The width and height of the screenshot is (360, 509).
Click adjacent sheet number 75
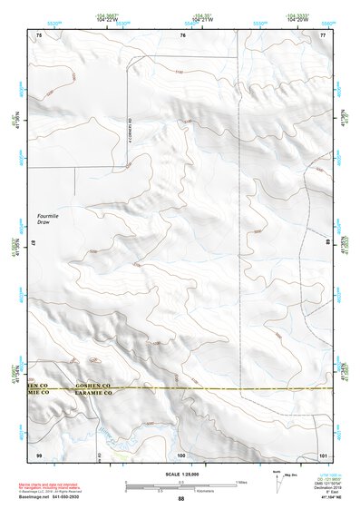point(39,34)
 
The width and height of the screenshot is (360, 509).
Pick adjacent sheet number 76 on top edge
point(181,34)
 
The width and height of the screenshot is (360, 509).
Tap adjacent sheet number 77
point(322,34)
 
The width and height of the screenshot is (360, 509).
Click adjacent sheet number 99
point(39,454)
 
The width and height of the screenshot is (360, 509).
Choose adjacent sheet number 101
point(322,454)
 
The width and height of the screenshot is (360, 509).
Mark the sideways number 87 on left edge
point(34,243)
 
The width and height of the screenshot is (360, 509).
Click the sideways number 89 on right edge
point(327,243)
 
